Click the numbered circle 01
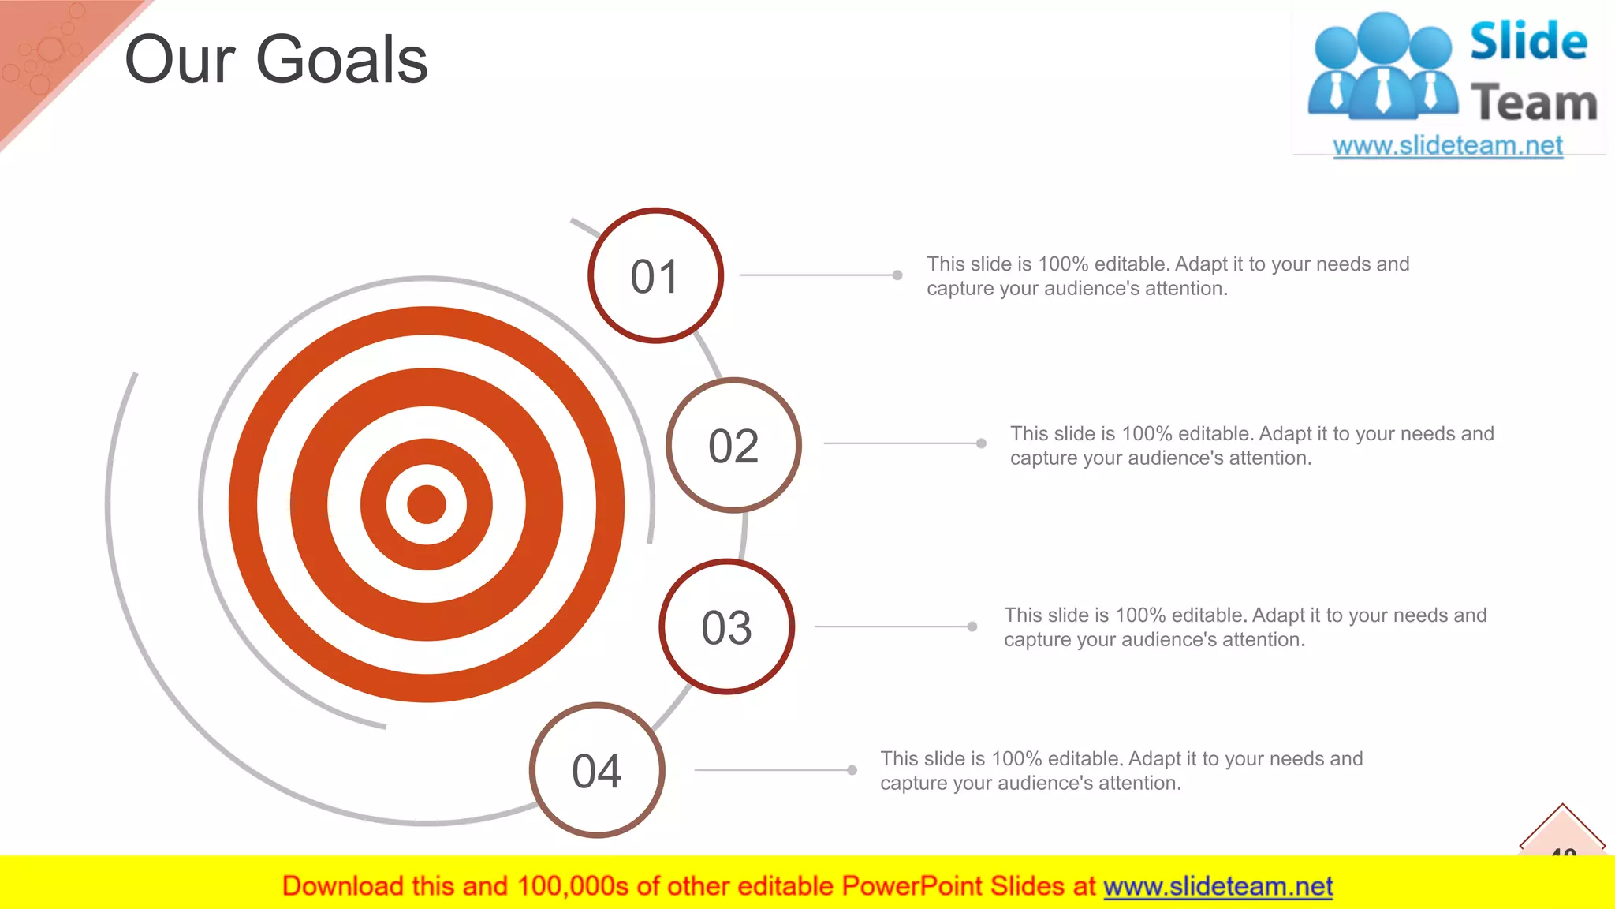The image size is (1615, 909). [655, 275]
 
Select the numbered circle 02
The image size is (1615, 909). [733, 445]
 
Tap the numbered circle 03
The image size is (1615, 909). [726, 627]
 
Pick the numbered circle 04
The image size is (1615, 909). [597, 770]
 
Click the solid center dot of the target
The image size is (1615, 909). [427, 504]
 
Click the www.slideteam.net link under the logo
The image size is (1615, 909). [1448, 145]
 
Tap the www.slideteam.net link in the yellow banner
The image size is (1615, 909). [1218, 886]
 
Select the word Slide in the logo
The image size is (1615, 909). [1528, 41]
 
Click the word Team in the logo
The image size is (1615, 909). [1534, 103]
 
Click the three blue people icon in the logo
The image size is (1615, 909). [1382, 67]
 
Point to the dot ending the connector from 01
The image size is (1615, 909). [897, 275]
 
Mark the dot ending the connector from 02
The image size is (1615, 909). [981, 443]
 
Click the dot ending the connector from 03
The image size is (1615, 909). [972, 627]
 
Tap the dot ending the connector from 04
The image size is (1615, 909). [852, 770]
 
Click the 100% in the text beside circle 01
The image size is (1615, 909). [1063, 264]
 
